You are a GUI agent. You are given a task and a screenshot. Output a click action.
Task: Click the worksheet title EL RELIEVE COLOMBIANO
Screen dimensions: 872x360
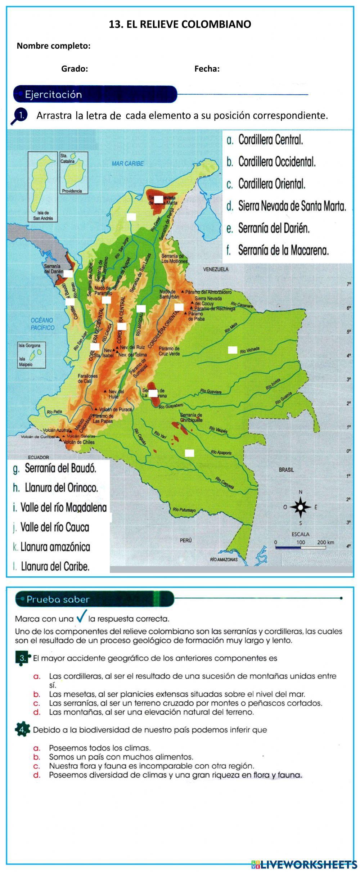[x=180, y=24]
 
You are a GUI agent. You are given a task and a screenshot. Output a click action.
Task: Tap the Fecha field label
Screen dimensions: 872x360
[x=207, y=69]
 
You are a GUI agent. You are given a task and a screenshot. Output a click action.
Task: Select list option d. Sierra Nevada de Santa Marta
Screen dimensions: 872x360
[x=292, y=206]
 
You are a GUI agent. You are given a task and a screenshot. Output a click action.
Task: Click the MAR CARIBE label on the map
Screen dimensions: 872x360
[x=127, y=163]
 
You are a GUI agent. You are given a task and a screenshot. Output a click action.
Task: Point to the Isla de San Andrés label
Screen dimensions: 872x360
[x=43, y=216]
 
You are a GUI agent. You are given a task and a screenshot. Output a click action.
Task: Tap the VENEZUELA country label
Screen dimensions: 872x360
[x=216, y=269]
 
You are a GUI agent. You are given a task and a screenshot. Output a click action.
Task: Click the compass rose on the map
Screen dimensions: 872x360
[x=301, y=507]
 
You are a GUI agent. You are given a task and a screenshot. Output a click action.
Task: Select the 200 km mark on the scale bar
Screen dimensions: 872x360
[x=325, y=542]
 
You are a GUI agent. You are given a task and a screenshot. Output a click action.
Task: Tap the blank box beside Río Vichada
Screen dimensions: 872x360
[x=233, y=350]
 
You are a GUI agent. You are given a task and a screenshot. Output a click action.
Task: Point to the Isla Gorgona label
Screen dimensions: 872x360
[x=30, y=345]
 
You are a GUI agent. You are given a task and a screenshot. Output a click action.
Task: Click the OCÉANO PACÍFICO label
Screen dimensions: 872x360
[x=42, y=324]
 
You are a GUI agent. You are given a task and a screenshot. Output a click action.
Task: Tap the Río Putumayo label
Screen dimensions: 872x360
[x=184, y=510]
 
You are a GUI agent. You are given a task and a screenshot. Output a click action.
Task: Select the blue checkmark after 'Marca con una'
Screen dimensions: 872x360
[x=82, y=617]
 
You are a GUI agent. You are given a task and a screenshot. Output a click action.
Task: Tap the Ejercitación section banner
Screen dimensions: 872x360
[x=95, y=95]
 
